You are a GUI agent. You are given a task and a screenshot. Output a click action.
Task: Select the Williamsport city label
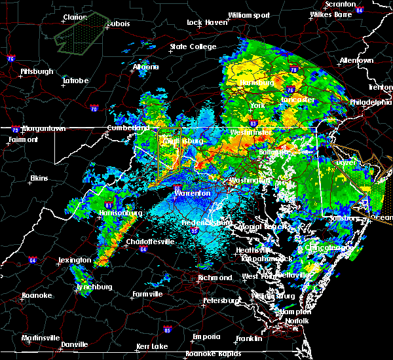coord(249,15)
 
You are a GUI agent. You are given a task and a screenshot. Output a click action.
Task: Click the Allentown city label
coord(356,60)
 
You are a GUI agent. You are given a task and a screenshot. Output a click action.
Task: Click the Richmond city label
coord(215,278)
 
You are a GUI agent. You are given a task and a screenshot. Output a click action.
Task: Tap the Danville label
coord(74,344)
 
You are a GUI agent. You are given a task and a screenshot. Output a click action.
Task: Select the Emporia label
coord(206,336)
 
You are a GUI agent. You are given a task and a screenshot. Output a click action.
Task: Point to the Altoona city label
coord(145,67)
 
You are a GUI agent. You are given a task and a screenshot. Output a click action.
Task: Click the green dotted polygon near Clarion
coord(81,34)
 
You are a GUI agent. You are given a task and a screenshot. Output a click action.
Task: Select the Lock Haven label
coord(203,22)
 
